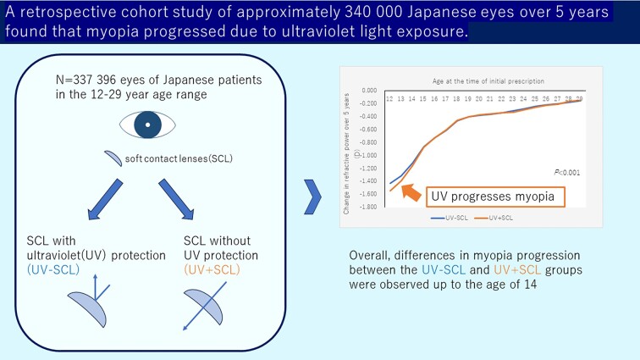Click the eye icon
tap(147, 125)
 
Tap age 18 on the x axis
tap(458, 99)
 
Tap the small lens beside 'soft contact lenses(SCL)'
tap(114, 158)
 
